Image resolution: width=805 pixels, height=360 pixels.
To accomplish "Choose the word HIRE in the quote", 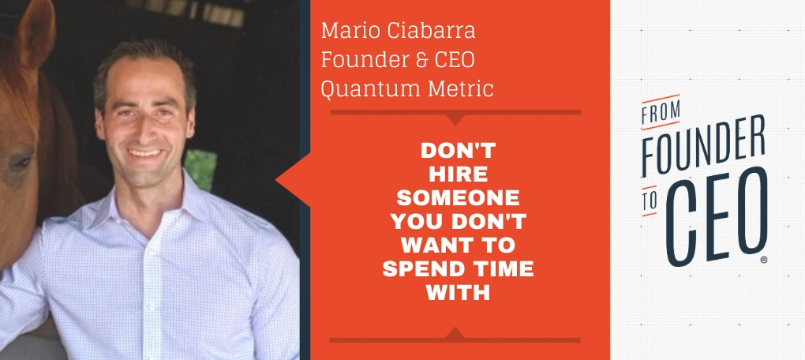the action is [458, 174].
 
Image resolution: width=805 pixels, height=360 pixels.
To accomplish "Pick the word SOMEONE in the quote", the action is [458, 197].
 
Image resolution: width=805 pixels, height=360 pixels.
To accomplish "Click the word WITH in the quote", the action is [458, 293].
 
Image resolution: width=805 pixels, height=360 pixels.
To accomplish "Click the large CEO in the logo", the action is [716, 215].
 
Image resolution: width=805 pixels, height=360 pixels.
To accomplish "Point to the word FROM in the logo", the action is [661, 111].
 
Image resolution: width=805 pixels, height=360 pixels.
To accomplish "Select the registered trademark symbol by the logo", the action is [764, 261].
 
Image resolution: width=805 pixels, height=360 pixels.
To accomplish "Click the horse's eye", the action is [21, 164].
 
